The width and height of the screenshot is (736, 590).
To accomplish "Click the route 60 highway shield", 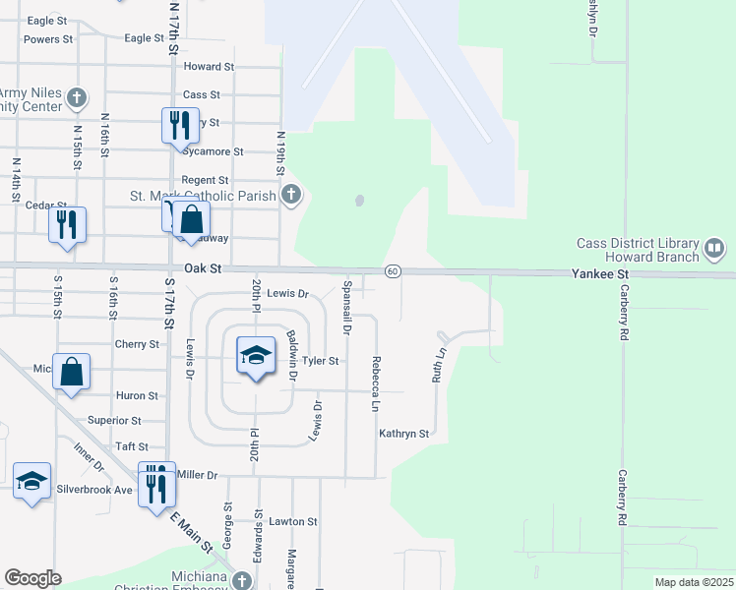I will (x=392, y=271).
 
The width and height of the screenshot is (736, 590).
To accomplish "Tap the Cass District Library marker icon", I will (x=714, y=250).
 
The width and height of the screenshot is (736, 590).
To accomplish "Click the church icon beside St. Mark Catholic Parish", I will (x=290, y=195).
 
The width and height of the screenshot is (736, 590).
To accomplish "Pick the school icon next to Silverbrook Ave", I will (x=31, y=481).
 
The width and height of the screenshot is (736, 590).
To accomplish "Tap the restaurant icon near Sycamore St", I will (x=179, y=125).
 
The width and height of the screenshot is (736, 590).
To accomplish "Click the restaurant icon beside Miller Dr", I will (x=155, y=483).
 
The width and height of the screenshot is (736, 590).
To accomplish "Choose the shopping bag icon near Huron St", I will (x=71, y=372).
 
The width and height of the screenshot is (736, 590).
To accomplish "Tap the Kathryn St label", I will (x=404, y=434).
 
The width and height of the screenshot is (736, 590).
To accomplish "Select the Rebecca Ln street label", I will (x=376, y=383).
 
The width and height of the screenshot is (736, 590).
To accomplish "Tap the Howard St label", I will (x=209, y=67).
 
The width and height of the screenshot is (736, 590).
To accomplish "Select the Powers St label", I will (x=48, y=40).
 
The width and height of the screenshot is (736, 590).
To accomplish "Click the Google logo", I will (x=32, y=578).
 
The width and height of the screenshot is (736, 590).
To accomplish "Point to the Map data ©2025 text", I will (x=694, y=582).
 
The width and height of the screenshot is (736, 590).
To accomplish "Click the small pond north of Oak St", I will (x=359, y=201).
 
